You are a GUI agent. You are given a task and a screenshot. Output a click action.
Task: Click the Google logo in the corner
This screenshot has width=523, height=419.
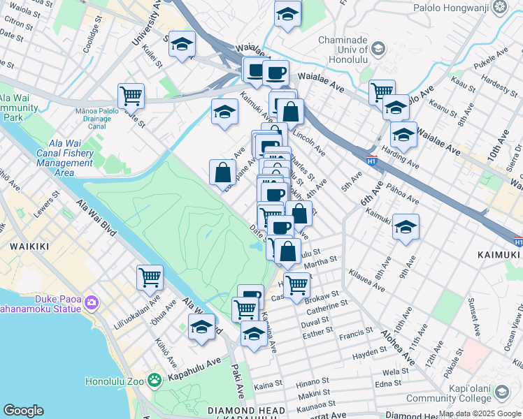click(x=23, y=411)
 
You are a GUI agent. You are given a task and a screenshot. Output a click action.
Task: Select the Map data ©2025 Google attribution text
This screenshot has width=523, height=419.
click(x=480, y=413)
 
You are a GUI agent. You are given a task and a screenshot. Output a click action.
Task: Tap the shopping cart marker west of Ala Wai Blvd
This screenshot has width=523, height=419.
click(x=150, y=277)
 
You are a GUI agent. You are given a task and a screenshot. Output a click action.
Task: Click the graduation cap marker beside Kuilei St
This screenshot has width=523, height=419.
click(x=182, y=43)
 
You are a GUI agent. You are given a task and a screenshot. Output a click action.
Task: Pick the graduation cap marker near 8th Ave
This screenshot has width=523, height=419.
click(x=406, y=226)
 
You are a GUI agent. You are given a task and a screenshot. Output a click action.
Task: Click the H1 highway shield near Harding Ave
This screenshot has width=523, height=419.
click(x=372, y=159)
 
